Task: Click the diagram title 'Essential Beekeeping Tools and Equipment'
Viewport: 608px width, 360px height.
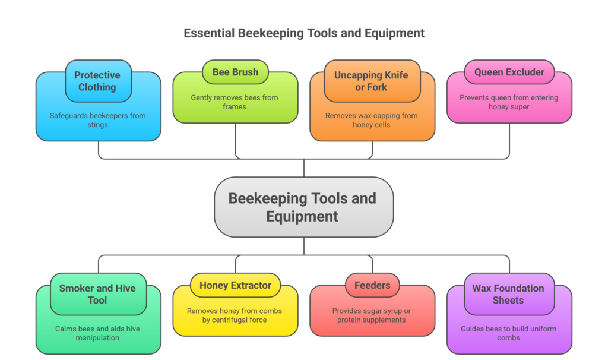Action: coord(304,33)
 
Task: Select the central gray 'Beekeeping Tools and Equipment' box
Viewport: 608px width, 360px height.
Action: coord(303,207)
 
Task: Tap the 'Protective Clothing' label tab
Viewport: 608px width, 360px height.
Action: coord(97,81)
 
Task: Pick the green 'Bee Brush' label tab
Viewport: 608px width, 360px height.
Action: coord(235,72)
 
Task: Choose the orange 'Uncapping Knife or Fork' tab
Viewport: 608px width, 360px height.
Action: coord(372,81)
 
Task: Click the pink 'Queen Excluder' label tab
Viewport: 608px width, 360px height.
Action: coord(509,72)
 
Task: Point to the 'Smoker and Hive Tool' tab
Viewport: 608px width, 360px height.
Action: coord(97,294)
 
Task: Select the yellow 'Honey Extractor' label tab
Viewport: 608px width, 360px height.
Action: coord(235,285)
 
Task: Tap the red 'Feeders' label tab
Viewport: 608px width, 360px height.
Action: coord(372,285)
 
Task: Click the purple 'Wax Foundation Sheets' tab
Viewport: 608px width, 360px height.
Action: coord(508,294)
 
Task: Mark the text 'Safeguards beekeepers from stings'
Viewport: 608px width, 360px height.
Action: coord(98,120)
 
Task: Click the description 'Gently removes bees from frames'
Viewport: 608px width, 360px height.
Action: coord(235,102)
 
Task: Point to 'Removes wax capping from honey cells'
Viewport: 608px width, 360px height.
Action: coord(372,120)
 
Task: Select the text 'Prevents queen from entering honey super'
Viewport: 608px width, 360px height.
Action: coord(509,102)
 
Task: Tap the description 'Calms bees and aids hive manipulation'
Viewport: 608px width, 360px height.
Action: coord(98,333)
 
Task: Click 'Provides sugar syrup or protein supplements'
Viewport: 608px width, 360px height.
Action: coord(372,315)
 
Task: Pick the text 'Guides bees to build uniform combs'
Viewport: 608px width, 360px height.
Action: coord(508,333)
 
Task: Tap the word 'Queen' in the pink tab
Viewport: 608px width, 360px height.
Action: coord(489,72)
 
